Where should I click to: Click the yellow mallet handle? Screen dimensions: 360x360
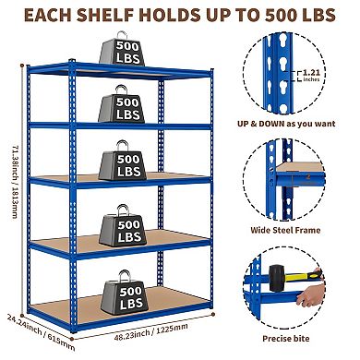point(308,297)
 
